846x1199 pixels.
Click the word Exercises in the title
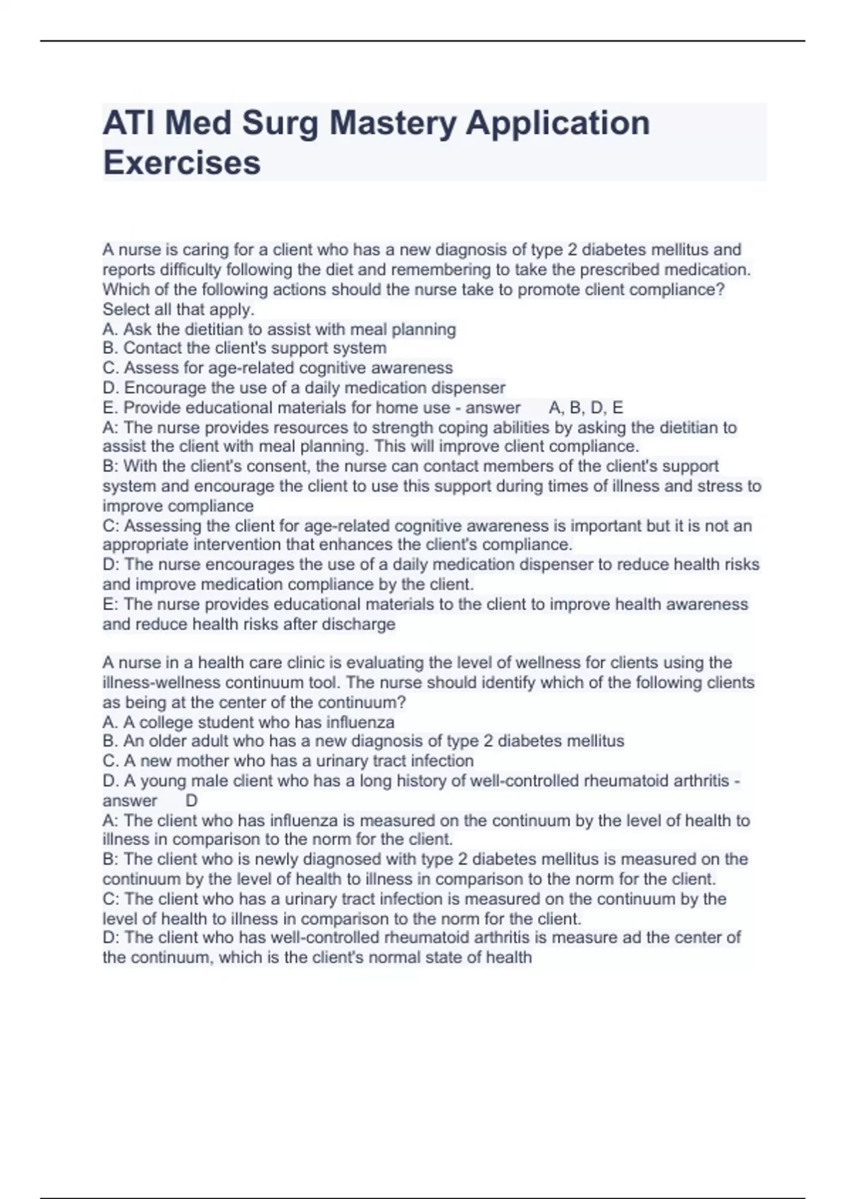coord(182,162)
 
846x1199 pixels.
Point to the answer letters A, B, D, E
coord(586,408)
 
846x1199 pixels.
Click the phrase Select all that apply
coord(178,310)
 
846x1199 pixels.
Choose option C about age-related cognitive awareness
coord(278,368)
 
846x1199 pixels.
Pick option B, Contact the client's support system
coord(245,348)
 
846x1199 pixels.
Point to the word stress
coord(719,486)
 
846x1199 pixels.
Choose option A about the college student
coord(248,722)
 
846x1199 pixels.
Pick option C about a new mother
coord(288,761)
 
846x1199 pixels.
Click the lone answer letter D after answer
coord(191,801)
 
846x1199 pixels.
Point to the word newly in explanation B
coord(276,859)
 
